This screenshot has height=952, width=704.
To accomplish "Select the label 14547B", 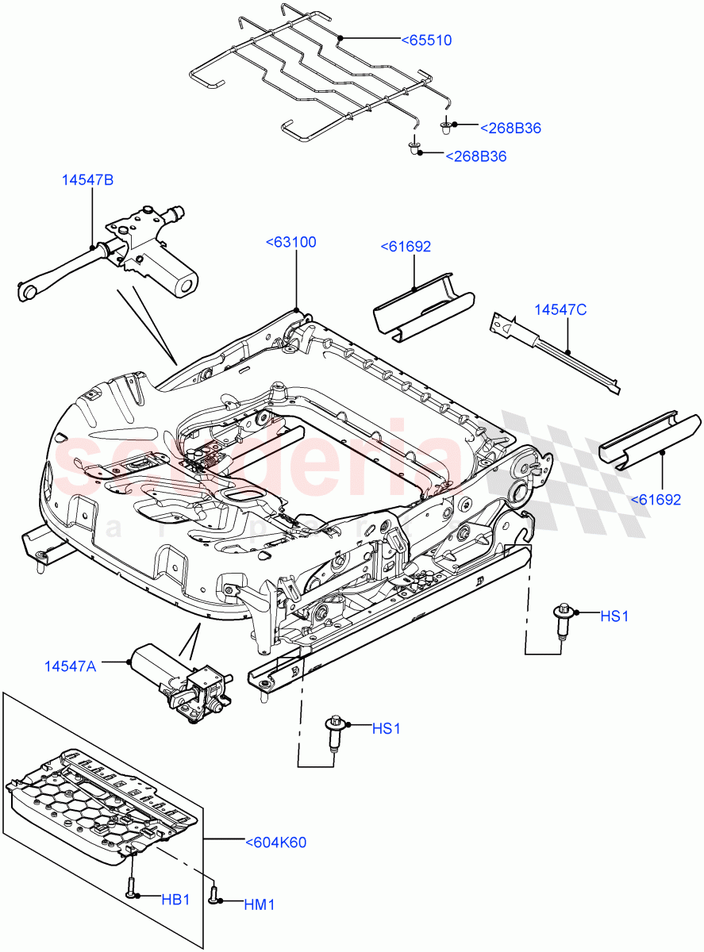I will coord(87,180).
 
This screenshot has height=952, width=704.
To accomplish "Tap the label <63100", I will coord(290,242).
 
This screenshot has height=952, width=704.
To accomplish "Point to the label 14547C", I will coord(560,309).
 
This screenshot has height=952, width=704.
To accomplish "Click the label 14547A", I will coord(70,666).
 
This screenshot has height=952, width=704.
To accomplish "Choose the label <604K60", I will coord(275,843).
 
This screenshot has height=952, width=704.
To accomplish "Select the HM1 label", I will coord(258,904).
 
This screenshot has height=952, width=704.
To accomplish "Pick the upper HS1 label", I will coord(614,616).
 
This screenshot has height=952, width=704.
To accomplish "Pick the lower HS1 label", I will coord(386,727).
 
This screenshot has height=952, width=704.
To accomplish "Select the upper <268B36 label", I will coord(510,128).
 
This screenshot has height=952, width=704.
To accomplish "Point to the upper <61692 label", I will coord(406,247).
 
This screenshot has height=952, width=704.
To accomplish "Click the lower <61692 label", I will coord(656,500).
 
